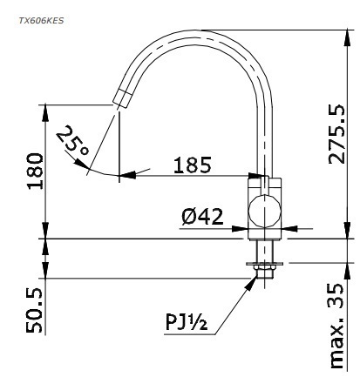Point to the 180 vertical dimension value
pos(33,173)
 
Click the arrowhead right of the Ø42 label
pos(241,230)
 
